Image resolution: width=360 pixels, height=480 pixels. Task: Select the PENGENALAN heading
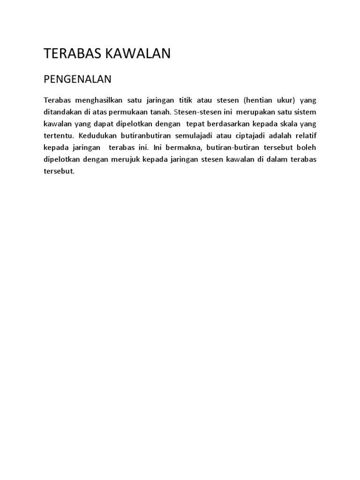tap(77, 79)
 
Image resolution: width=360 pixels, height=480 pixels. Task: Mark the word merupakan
tap(257, 112)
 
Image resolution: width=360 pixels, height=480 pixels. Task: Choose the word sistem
tap(306, 112)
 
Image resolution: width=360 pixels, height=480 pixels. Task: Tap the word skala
tap(289, 124)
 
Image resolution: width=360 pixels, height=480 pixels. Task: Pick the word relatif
tap(305, 136)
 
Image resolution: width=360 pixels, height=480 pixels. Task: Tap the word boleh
tap(307, 148)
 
